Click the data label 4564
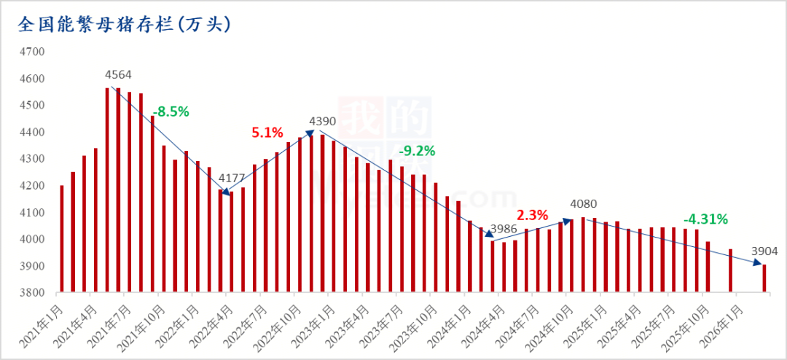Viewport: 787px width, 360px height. tap(119, 74)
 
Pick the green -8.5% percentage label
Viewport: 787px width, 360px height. tap(171, 111)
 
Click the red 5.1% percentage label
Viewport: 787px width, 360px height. tap(267, 133)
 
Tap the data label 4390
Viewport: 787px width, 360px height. tap(324, 120)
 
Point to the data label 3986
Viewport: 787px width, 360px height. tap(504, 229)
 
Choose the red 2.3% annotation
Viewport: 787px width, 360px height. tap(532, 215)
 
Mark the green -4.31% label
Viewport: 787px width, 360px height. tap(705, 219)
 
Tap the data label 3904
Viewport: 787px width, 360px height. tap(765, 251)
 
